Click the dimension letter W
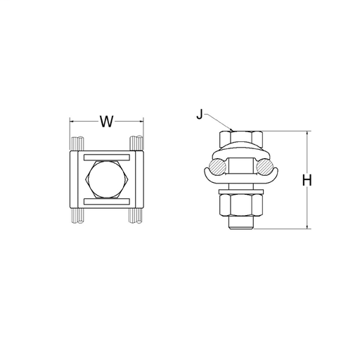(107, 122)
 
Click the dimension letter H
(307, 180)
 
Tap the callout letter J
(199, 115)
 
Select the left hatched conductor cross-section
(217, 167)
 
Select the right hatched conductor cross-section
(265, 167)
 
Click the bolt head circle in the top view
(107, 179)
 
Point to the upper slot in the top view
(107, 157)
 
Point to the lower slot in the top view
(107, 201)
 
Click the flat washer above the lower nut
(241, 192)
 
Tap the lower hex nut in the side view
(241, 205)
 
